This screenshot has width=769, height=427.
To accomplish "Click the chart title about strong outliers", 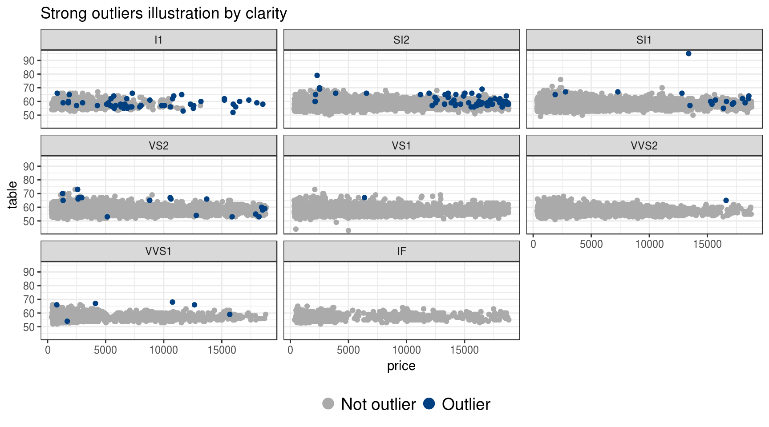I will (163, 13).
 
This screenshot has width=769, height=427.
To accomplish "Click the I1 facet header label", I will (158, 40).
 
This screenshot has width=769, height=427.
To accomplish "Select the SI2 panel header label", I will (401, 40).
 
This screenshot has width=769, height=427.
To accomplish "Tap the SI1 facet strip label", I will (644, 40).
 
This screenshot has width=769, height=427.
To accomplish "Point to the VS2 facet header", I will (158, 146).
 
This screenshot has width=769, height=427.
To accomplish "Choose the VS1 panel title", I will (401, 146).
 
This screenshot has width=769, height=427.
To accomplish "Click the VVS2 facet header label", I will (644, 146).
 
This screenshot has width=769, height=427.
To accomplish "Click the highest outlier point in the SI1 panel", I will (688, 53).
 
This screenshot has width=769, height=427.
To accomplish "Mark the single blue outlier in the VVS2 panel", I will (726, 200).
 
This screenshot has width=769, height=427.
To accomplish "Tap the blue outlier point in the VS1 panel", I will (364, 197).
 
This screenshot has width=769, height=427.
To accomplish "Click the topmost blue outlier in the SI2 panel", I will (317, 76).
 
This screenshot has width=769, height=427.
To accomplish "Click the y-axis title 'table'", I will (12, 195).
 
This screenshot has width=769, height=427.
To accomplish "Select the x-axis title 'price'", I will (401, 366).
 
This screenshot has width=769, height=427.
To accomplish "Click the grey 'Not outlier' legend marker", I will (328, 404).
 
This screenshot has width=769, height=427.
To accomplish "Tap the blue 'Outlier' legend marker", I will (429, 404).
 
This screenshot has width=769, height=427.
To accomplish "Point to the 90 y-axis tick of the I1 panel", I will (29, 60).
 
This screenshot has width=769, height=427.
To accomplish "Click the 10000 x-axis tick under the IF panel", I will (406, 350).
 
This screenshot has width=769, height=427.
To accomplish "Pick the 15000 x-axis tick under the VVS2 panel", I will (707, 244).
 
